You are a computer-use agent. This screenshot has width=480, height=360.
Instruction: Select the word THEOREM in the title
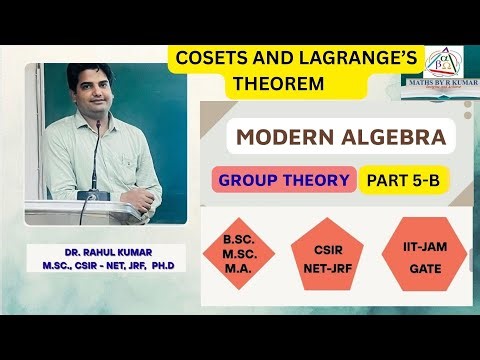coord(278,84)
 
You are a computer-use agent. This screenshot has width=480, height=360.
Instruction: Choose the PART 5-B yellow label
coord(406,180)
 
